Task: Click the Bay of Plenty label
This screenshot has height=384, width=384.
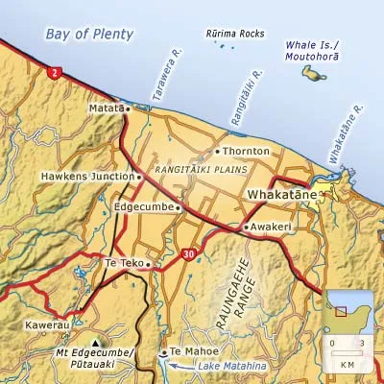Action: pos(89,35)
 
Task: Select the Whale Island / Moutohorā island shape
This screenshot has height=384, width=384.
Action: pos(314,73)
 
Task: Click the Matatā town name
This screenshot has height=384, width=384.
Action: pos(108,109)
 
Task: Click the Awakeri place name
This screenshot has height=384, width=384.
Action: pos(272,227)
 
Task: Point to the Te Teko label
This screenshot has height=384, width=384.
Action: pos(123,262)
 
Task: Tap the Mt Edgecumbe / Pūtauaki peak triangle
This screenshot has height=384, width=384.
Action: pos(95,343)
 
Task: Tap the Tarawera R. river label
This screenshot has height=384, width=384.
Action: pos(165,85)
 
